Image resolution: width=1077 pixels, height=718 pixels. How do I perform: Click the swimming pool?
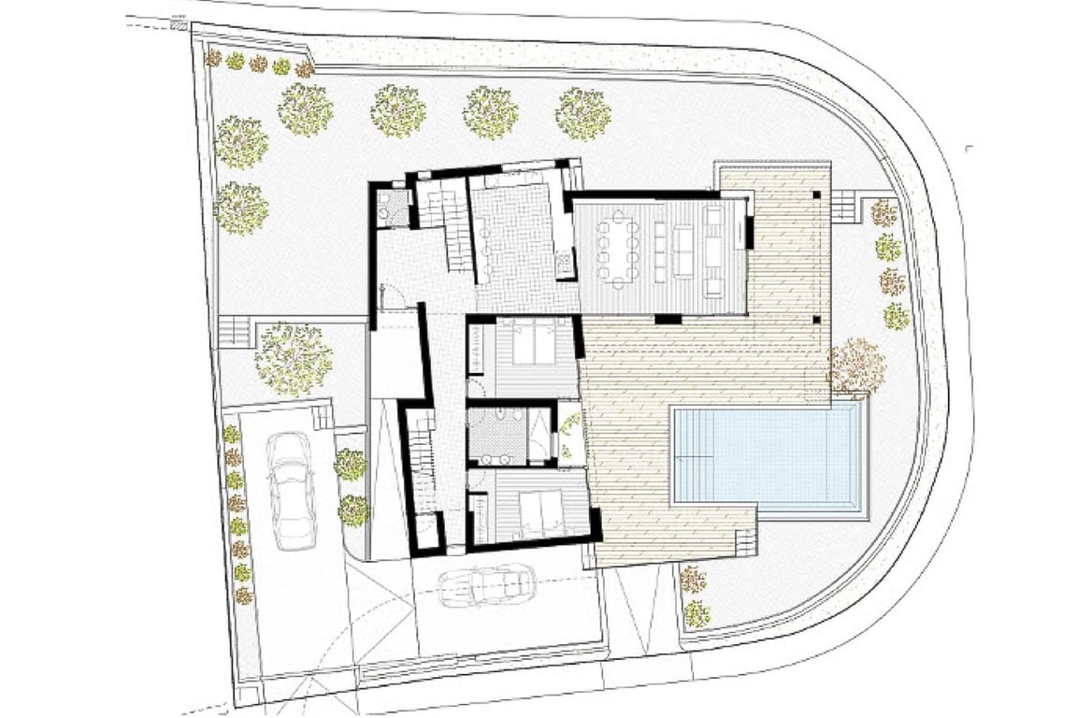pos(766,457)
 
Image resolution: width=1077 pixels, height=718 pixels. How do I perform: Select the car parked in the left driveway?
pos(290,490)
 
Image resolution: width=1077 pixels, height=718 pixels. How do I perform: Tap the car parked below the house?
pos(486,585)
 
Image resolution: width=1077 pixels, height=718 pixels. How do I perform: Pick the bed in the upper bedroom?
pos(534,345)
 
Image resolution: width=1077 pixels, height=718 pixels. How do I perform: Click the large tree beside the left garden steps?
pos(294,359)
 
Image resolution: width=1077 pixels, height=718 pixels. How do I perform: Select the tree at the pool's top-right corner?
pos(855,366)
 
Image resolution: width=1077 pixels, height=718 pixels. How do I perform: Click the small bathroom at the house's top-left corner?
pos(392,208)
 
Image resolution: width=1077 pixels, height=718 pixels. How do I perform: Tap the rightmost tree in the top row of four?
pos(582,113)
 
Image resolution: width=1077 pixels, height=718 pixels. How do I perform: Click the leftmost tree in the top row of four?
pos(305,109)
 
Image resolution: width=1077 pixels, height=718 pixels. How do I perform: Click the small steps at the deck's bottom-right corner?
pos(745,541)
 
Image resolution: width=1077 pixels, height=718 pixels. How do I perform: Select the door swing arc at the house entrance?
pos(391,295)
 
